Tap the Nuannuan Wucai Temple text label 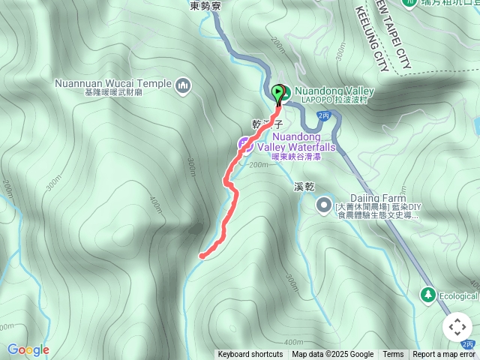pyautogui.click(x=112, y=84)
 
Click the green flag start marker pyautogui.click(x=280, y=94)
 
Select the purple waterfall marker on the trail pyautogui.click(x=244, y=144)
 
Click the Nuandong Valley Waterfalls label pyautogui.click(x=298, y=142)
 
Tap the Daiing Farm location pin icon pyautogui.click(x=324, y=203)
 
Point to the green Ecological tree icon pyautogui.click(x=428, y=295)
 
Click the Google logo pyautogui.click(x=28, y=349)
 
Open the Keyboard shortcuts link pyautogui.click(x=250, y=355)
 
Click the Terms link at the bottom pyautogui.click(x=393, y=355)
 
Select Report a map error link pyautogui.click(x=443, y=355)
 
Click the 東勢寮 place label pyautogui.click(x=204, y=6)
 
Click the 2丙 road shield pyautogui.click(x=324, y=115)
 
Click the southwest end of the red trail pyautogui.click(x=201, y=256)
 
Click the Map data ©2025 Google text pyautogui.click(x=333, y=355)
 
